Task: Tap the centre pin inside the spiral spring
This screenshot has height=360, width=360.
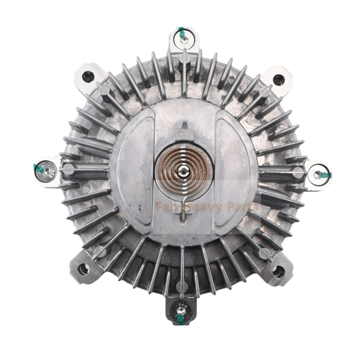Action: (x=185, y=171)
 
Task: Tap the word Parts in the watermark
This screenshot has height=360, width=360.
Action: (x=243, y=207)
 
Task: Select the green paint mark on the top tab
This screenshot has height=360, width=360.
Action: (x=181, y=32)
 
